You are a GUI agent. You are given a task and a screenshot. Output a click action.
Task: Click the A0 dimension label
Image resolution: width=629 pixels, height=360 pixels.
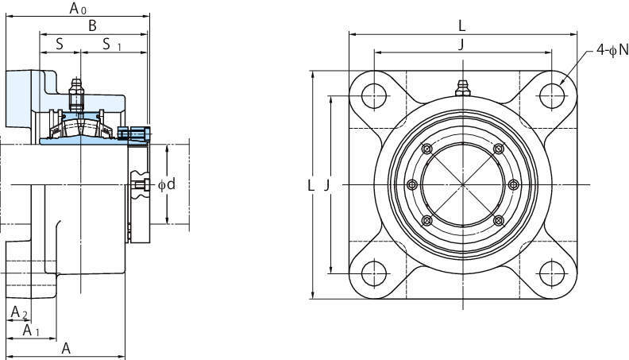(78, 8)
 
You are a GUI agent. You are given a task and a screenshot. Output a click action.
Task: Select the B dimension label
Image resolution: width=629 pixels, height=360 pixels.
(92, 25)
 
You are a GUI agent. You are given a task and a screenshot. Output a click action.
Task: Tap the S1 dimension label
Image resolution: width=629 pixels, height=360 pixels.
(111, 45)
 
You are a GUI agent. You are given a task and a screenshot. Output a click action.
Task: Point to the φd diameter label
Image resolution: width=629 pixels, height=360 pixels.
(167, 184)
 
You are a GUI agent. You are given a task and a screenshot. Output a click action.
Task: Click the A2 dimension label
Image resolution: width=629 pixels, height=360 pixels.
(19, 312)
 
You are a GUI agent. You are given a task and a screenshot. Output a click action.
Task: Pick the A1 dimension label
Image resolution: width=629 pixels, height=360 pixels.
(31, 331)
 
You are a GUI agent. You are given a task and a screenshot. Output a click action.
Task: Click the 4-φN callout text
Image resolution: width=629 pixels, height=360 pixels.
(612, 50)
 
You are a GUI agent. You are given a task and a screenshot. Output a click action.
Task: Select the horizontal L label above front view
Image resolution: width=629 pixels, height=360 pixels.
(461, 26)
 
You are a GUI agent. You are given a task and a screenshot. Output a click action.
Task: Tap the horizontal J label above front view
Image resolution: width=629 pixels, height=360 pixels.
(461, 45)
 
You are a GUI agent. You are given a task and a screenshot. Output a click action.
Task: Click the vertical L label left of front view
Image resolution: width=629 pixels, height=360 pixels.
(311, 185)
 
